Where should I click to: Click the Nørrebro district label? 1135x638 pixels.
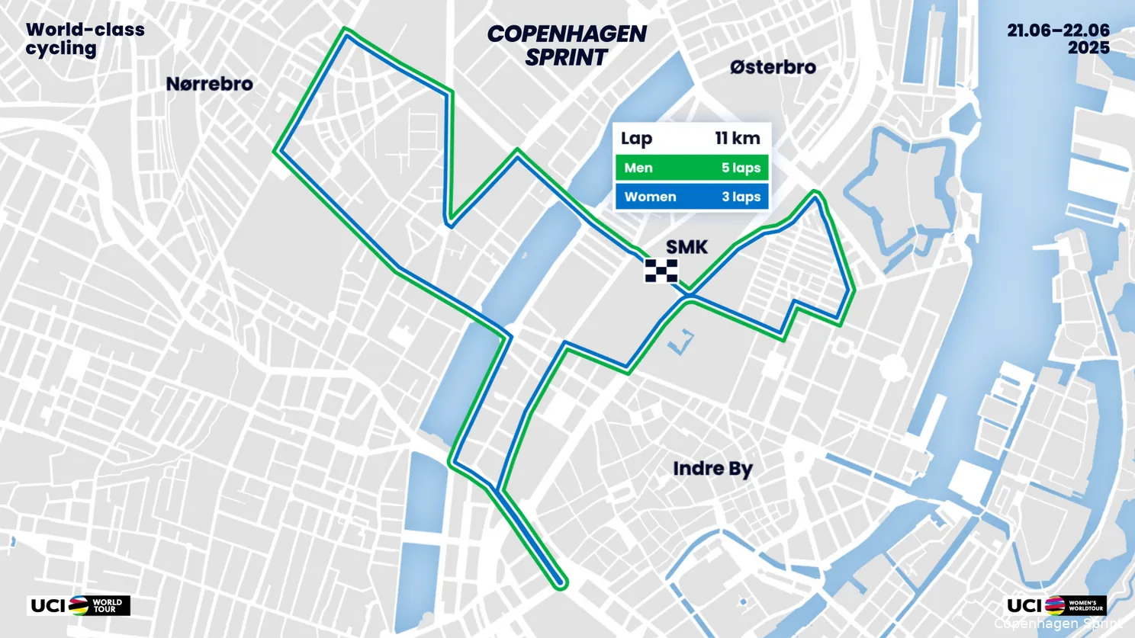pyautogui.click(x=209, y=84)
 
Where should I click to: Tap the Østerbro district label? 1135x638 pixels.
pyautogui.click(x=773, y=67)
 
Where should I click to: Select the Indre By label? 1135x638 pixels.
pyautogui.click(x=712, y=468)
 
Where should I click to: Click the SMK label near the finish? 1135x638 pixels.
pyautogui.click(x=686, y=247)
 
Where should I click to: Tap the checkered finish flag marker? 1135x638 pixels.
pyautogui.click(x=661, y=271)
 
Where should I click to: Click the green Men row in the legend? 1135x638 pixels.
pyautogui.click(x=691, y=168)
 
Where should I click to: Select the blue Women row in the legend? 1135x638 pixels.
pyautogui.click(x=691, y=197)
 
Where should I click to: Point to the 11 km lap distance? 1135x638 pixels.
pyautogui.click(x=737, y=138)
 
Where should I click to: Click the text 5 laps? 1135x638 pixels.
pyautogui.click(x=741, y=168)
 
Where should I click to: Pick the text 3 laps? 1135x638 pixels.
pyautogui.click(x=741, y=197)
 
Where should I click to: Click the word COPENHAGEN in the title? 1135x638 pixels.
pyautogui.click(x=566, y=34)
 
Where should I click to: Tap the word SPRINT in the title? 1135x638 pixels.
pyautogui.click(x=566, y=57)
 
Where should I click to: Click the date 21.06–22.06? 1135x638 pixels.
pyautogui.click(x=1058, y=30)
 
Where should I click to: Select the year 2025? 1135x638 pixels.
pyautogui.click(x=1088, y=48)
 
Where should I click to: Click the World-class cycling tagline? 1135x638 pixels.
pyautogui.click(x=85, y=39)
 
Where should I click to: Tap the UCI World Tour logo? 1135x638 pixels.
pyautogui.click(x=79, y=605)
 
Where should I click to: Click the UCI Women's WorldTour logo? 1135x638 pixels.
pyautogui.click(x=1056, y=605)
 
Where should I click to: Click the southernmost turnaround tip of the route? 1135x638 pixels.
pyautogui.click(x=562, y=583)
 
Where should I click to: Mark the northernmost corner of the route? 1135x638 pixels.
pyautogui.click(x=346, y=32)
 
